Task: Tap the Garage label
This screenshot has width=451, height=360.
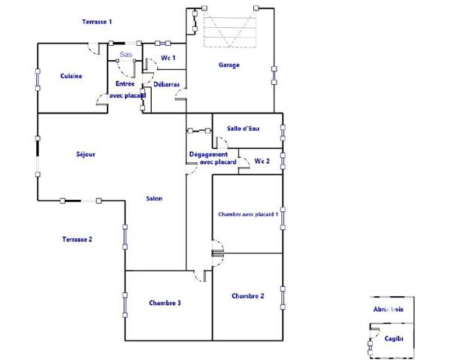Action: click(x=229, y=65)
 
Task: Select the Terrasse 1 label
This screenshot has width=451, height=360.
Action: click(x=97, y=22)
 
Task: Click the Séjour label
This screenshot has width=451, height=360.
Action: click(x=86, y=155)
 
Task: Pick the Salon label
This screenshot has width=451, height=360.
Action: click(x=153, y=199)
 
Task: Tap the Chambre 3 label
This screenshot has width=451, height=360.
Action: click(x=165, y=303)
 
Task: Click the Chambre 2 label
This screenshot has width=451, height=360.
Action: click(x=247, y=296)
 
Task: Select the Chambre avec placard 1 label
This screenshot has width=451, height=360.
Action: click(x=247, y=214)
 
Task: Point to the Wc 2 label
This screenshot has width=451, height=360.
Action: click(x=262, y=162)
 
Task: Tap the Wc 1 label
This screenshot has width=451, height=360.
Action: click(x=168, y=58)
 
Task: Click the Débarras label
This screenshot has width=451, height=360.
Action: click(x=166, y=85)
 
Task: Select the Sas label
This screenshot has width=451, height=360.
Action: click(x=126, y=55)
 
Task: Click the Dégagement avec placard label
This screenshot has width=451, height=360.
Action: click(x=213, y=158)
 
